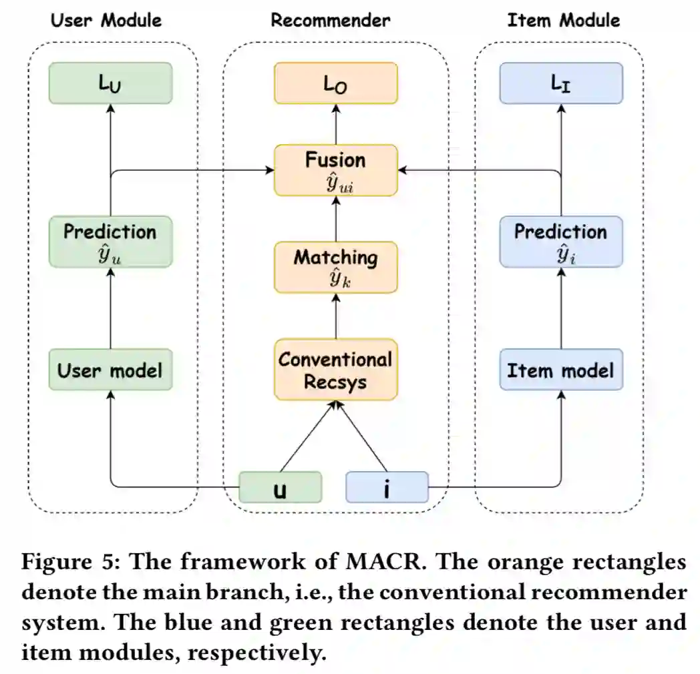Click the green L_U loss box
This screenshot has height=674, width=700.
(111, 83)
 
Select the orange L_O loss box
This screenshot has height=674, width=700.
(335, 83)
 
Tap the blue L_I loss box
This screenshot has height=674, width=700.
(561, 83)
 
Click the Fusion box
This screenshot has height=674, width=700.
(335, 170)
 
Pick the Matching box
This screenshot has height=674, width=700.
(335, 267)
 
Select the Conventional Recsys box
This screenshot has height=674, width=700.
(335, 370)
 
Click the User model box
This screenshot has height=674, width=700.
(111, 370)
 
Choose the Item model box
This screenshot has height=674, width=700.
(561, 370)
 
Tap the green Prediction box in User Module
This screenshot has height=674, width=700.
(111, 242)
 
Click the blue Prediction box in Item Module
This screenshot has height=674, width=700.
(561, 242)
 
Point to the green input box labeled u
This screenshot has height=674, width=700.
(281, 487)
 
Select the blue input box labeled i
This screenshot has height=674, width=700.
(387, 487)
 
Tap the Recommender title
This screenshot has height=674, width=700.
(330, 20)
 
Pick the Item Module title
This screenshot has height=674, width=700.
(563, 20)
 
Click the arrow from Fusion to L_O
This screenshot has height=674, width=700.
(335, 124)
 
